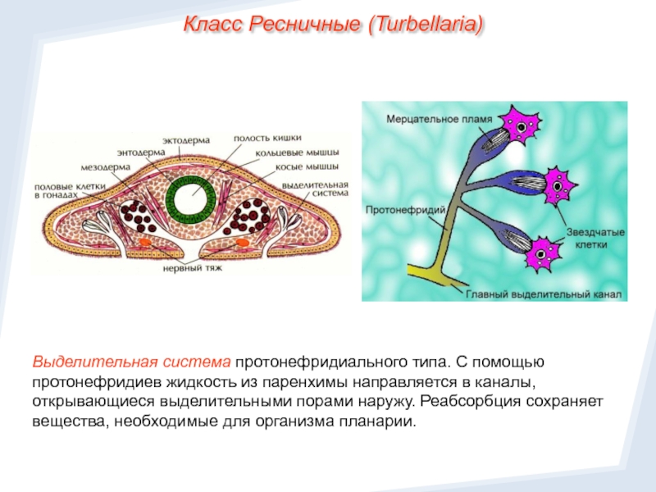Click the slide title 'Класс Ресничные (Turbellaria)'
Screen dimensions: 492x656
(x=333, y=25)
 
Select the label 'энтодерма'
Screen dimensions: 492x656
(x=139, y=153)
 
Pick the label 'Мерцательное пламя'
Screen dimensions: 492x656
(x=439, y=118)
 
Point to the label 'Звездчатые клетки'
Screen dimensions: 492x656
(x=594, y=238)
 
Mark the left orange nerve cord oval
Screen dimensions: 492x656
(x=144, y=244)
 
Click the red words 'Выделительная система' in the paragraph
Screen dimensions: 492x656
(x=131, y=362)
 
